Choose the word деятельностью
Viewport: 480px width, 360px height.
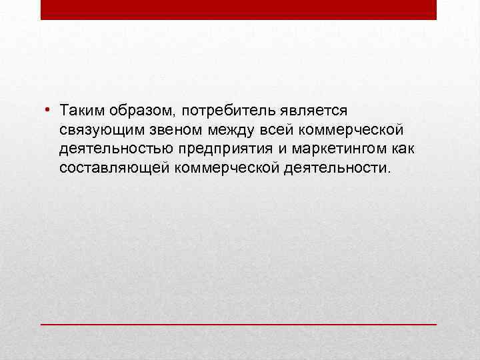(x=117, y=147)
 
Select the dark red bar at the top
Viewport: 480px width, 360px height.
(x=238, y=9)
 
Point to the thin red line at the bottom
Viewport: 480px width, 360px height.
(x=238, y=323)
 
